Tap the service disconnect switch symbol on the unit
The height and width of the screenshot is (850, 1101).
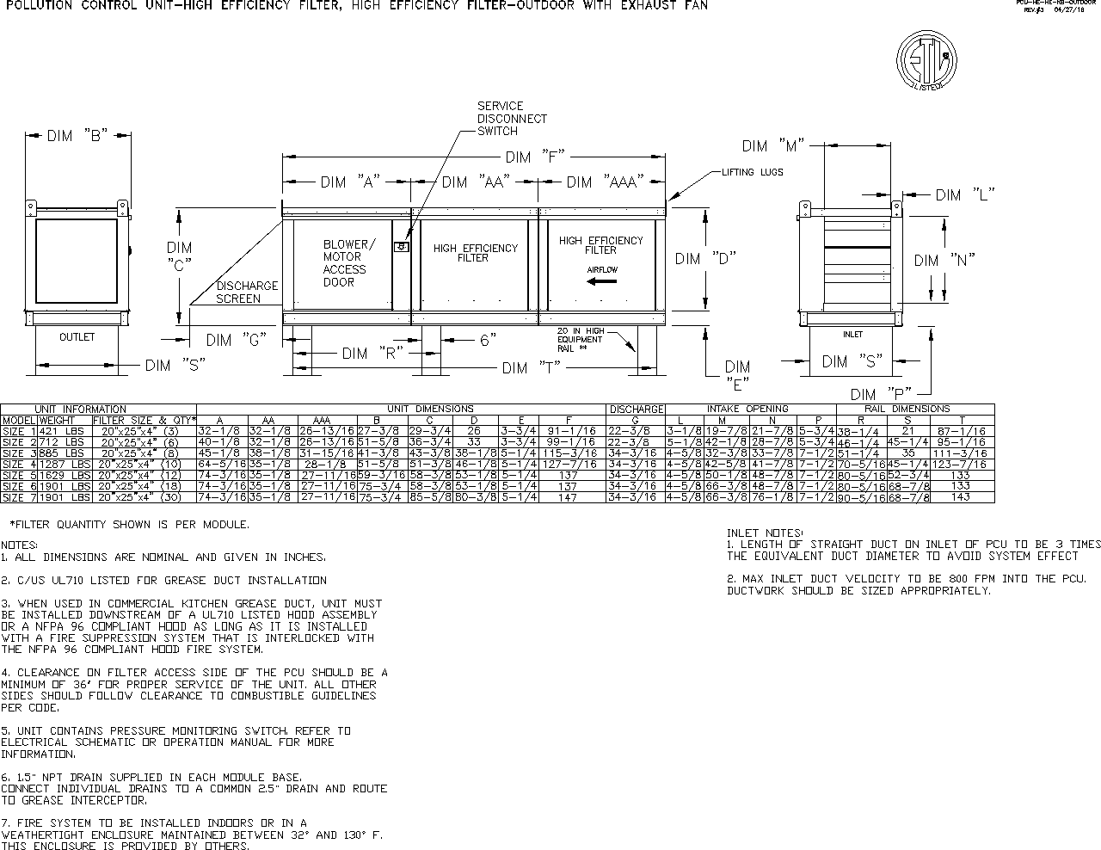[x=400, y=247]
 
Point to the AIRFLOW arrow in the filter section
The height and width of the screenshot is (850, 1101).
[x=602, y=280]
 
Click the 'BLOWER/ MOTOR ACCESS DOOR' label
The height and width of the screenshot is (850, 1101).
[x=344, y=263]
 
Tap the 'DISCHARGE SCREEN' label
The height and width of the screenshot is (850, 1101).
[x=247, y=293]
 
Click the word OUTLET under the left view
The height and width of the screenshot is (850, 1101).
[x=77, y=337]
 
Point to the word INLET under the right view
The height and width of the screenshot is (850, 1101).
[x=852, y=335]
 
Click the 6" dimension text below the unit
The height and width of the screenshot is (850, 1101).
[x=488, y=341]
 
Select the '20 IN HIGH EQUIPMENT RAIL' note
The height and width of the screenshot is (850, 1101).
[x=581, y=339]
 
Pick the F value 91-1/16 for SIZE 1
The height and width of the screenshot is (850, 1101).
[x=569, y=430]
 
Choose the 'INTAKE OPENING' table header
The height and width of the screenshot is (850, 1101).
[x=747, y=409]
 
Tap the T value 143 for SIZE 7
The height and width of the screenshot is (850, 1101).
[x=961, y=497]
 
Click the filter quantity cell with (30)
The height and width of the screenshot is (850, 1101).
[x=144, y=497]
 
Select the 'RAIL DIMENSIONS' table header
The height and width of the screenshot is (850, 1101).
[x=907, y=409]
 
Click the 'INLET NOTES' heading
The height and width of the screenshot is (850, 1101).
[x=765, y=533]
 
